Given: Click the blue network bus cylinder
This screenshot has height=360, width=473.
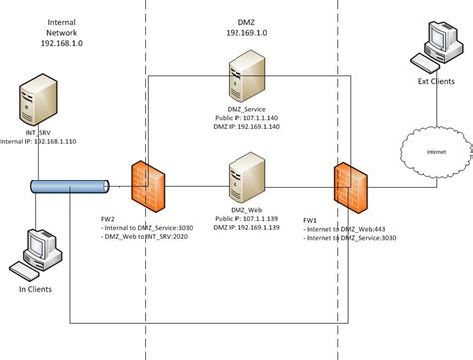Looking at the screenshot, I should tap(69, 186).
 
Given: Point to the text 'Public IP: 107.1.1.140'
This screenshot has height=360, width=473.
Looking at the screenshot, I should tap(245, 116).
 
